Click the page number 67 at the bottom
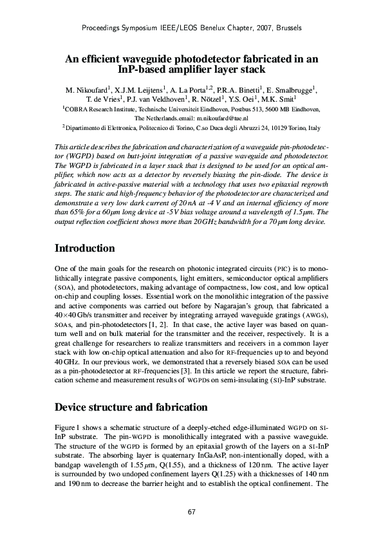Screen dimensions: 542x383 point(191,512)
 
